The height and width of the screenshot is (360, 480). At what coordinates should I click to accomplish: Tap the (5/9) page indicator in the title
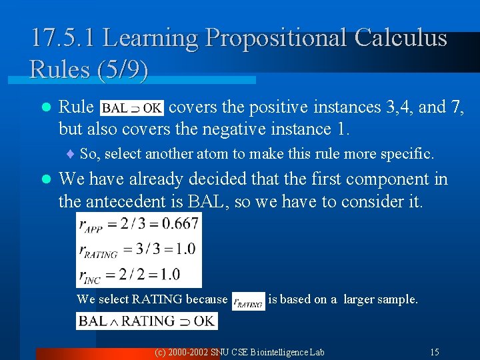[x=121, y=69]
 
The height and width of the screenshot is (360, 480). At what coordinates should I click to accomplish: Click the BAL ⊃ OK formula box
[x=131, y=107]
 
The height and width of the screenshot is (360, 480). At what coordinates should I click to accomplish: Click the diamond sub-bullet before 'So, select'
[x=71, y=155]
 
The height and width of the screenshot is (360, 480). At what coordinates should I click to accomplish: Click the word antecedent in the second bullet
[x=146, y=201]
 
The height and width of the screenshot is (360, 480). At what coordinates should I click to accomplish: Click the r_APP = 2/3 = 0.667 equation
[x=138, y=223]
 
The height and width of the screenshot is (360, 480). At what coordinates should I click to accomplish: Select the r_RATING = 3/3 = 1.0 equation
[x=138, y=249]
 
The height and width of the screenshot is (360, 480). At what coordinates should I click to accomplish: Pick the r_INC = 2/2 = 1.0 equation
[x=138, y=274]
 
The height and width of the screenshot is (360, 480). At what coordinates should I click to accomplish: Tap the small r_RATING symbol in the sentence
[x=247, y=301]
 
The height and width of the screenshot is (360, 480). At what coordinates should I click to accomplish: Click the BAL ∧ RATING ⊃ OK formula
[x=147, y=321]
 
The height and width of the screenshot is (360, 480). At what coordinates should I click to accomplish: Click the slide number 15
[x=434, y=351]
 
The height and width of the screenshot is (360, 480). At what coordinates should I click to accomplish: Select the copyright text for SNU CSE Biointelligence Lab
[x=239, y=351]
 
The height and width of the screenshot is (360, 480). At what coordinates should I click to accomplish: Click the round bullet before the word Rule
[x=45, y=107]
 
